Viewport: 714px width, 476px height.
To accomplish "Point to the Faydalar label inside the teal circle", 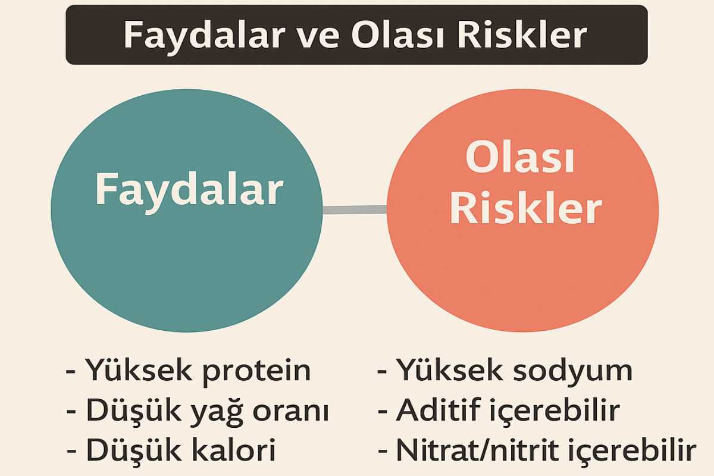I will (x=189, y=191).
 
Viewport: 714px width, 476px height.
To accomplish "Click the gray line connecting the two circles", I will (x=355, y=209).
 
